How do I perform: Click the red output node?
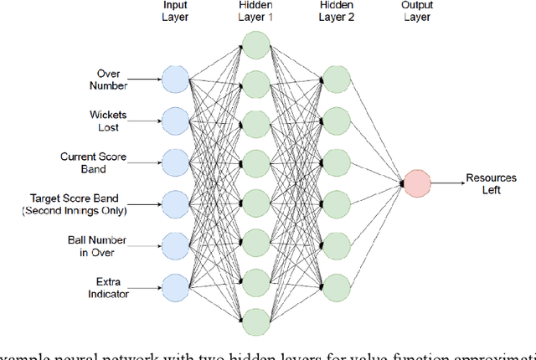tap(416, 182)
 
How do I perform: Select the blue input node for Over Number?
tap(173, 80)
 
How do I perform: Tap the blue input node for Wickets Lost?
tap(173, 121)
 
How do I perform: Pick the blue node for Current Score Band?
tap(173, 162)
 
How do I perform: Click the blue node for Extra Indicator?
tap(173, 285)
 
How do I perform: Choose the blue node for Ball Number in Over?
tap(173, 244)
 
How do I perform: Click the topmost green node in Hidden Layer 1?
tap(255, 44)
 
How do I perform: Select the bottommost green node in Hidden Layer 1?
tap(255, 320)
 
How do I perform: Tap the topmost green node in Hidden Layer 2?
tap(336, 80)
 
